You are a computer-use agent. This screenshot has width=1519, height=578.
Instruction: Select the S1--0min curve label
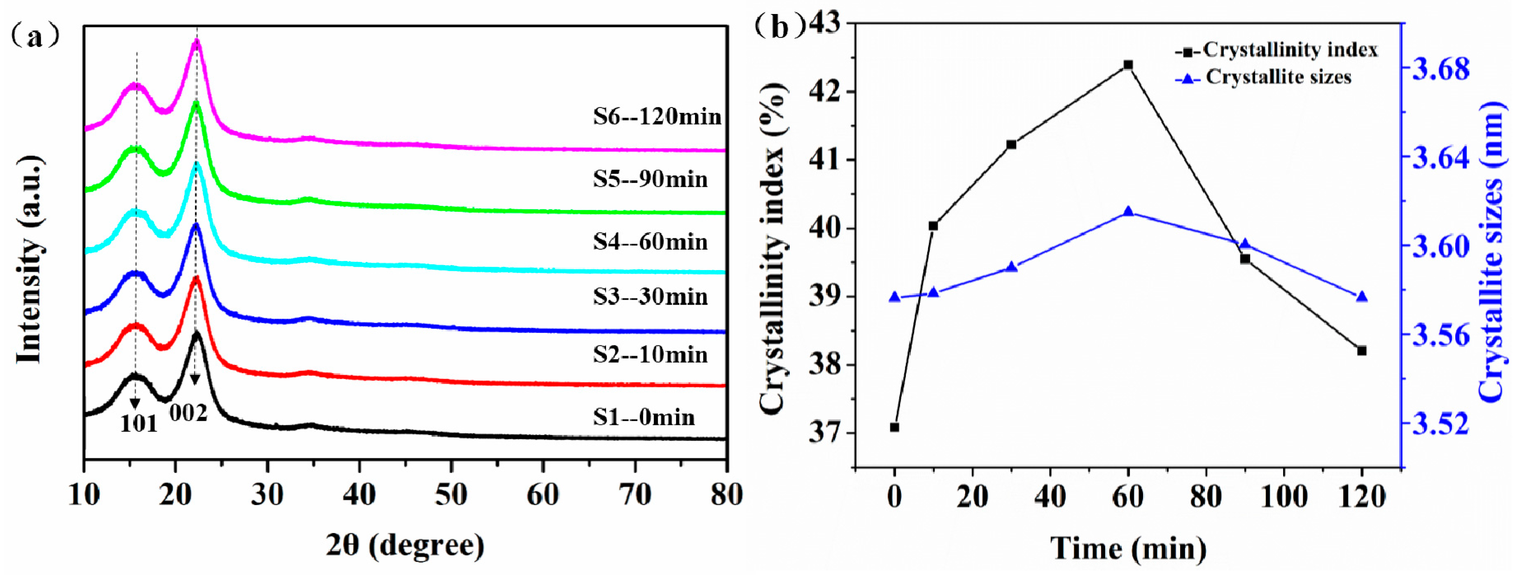coord(643,417)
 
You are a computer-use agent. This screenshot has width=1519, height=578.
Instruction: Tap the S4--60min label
coord(650,241)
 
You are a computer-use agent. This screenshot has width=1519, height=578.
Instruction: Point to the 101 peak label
coord(139,424)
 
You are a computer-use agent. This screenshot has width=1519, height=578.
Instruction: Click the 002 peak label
coord(188,413)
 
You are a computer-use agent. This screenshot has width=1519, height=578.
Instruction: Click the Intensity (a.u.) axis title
coord(30,259)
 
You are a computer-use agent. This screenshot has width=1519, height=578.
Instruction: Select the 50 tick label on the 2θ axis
coord(451,494)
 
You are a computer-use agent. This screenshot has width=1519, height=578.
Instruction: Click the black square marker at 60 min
coord(1128,65)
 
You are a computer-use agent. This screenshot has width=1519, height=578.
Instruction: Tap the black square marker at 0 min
coord(894,427)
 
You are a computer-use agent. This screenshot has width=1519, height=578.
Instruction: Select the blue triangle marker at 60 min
coord(1128,212)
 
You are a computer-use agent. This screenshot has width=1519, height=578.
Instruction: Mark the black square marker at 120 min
coord(1362,351)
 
